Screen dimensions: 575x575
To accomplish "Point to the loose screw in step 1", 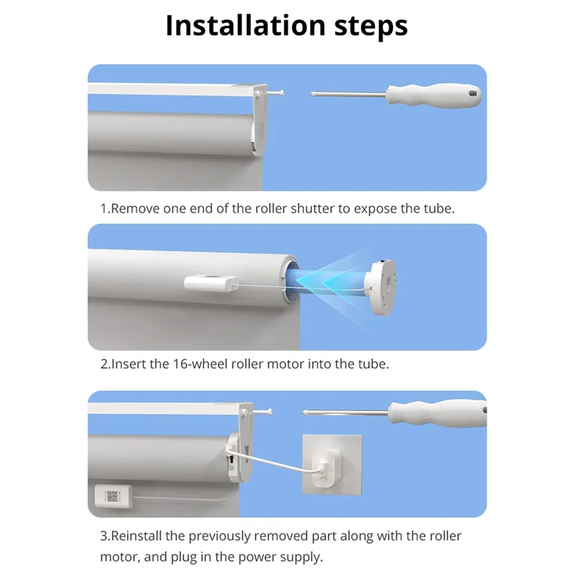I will [277, 92].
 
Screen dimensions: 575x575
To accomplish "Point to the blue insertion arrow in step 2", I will [338, 280].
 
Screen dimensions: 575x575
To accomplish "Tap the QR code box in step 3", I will [114, 497].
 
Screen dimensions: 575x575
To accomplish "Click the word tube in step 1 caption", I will [439, 208].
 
